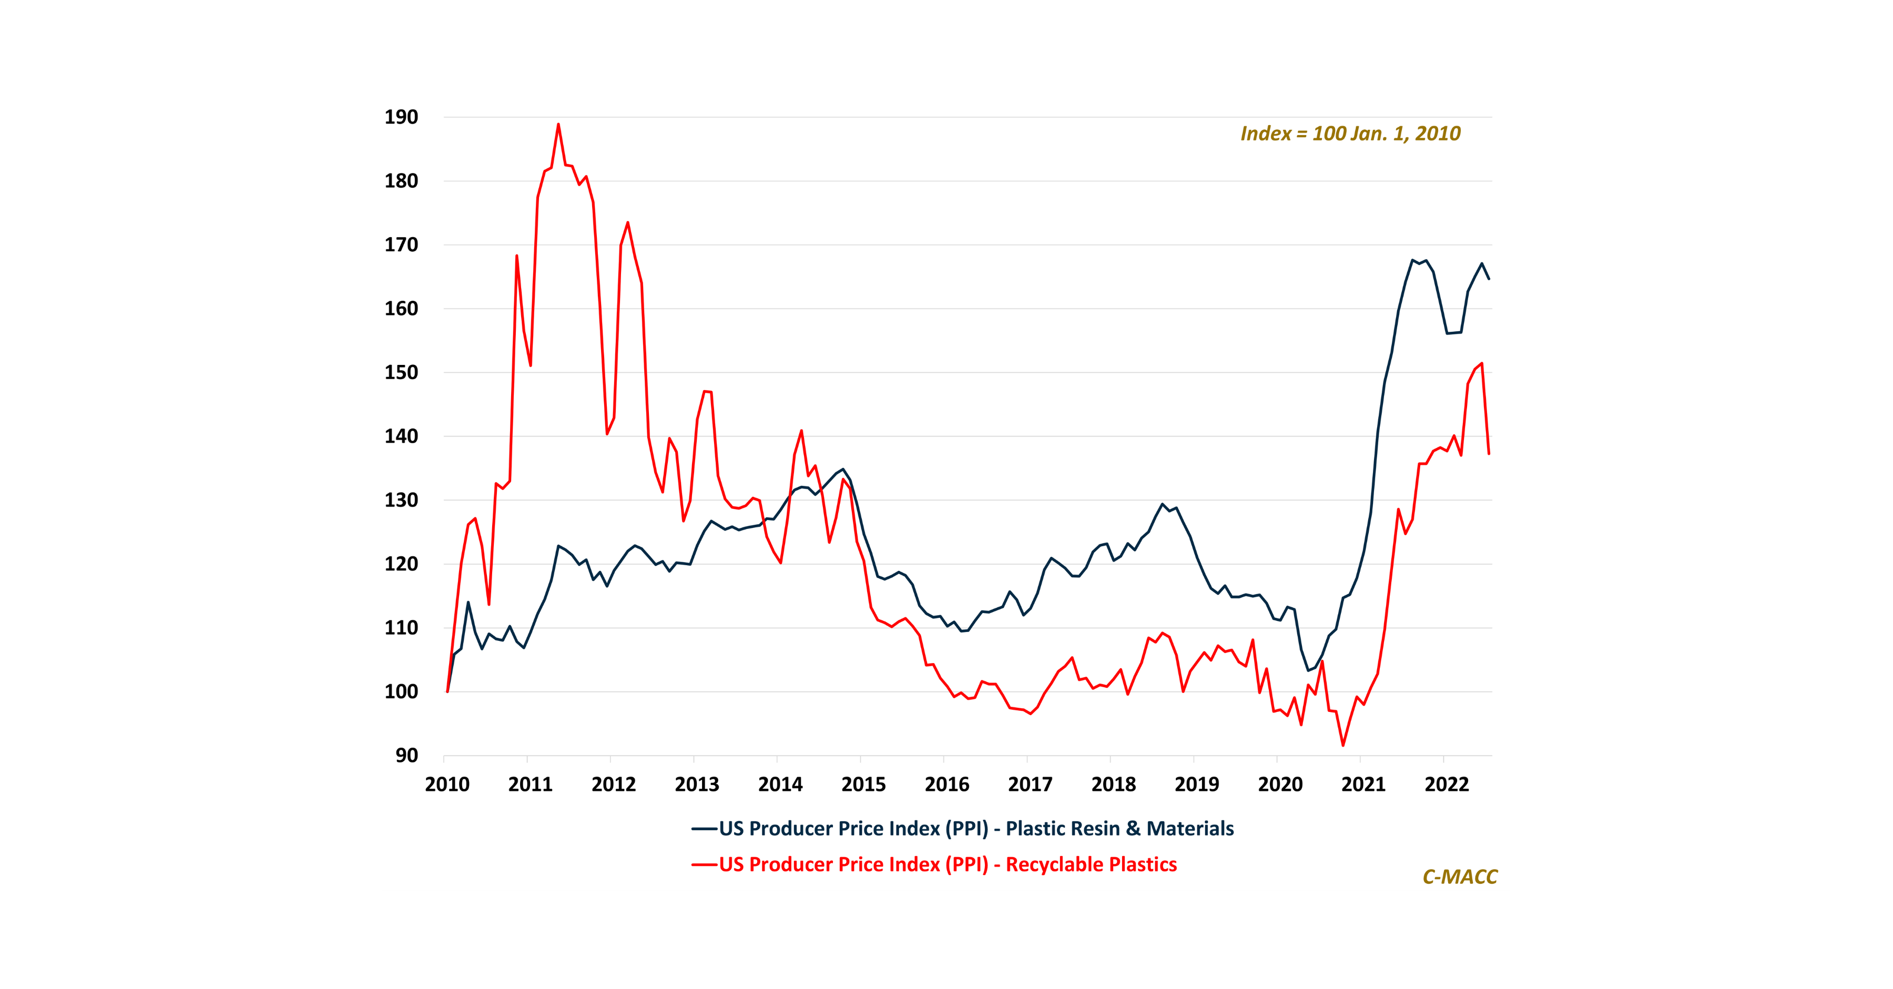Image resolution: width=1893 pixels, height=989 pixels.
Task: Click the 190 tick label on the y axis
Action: [x=401, y=117]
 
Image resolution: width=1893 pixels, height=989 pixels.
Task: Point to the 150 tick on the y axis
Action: [x=401, y=373]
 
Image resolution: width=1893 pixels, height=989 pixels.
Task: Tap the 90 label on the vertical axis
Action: [x=406, y=756]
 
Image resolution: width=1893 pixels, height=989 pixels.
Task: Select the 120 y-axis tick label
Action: [x=401, y=564]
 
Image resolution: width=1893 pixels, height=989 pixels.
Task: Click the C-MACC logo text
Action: [x=1459, y=876]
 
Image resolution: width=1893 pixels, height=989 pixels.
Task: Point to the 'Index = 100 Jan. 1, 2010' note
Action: [x=1350, y=134]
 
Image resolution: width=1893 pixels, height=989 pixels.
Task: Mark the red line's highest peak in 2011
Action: [x=558, y=124]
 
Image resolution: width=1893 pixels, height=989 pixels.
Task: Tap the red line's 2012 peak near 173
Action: [x=627, y=222]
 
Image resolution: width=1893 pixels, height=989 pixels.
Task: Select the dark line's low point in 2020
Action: [x=1308, y=670]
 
